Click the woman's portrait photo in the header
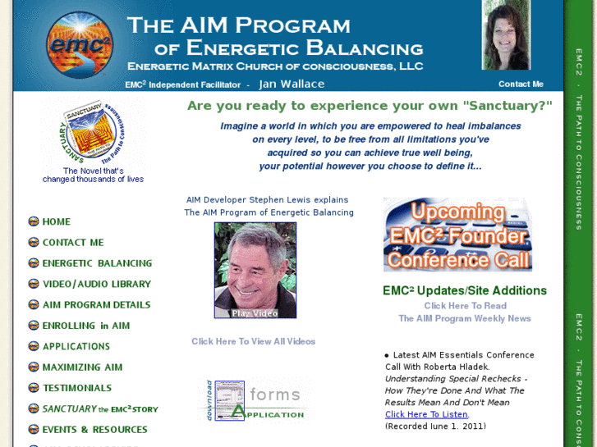point(506,36)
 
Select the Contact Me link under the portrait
point(521,84)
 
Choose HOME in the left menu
point(56,221)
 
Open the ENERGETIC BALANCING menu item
point(97,263)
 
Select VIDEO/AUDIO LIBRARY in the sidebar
point(96,284)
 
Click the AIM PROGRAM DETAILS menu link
point(96,304)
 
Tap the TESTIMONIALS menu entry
point(77,388)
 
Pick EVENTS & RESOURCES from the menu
point(94,429)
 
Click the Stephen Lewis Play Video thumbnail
point(255,270)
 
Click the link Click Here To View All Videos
point(253,341)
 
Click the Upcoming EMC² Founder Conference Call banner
point(457,235)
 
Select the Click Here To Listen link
point(426,414)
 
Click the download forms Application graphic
point(253,401)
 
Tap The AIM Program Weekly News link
point(465,318)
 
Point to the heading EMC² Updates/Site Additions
point(465,290)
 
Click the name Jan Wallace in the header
point(292,84)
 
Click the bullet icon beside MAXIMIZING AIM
point(34,367)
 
